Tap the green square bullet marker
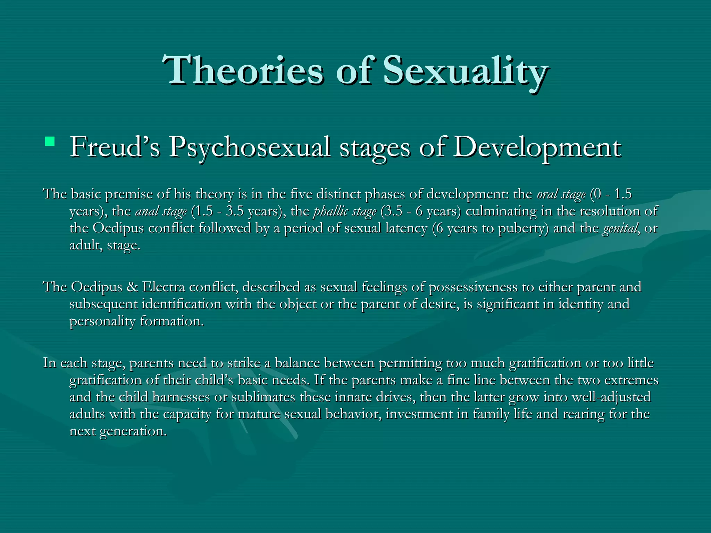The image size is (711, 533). [50, 141]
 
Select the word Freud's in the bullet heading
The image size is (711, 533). [115, 147]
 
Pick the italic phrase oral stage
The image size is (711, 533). [561, 194]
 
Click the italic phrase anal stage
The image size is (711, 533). [161, 211]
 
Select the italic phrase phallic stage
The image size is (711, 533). [345, 211]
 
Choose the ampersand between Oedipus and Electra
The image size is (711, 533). [132, 287]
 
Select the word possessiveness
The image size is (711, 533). [473, 287]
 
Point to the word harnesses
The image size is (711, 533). [181, 397]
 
